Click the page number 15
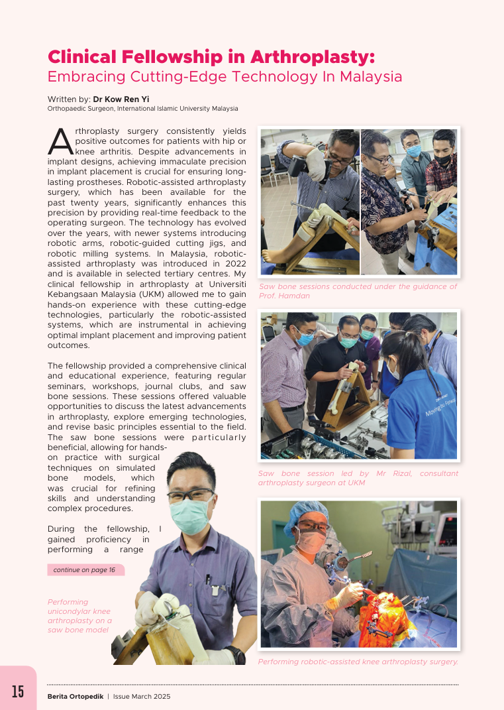tap(17, 691)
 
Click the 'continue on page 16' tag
tap(84, 569)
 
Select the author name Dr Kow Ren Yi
tap(121, 99)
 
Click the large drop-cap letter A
tap(60, 141)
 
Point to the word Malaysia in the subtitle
tap(371, 76)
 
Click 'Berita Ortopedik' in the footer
tap(75, 696)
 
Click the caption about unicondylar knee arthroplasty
tap(79, 616)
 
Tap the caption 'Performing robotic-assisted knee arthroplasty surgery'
tap(358, 662)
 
